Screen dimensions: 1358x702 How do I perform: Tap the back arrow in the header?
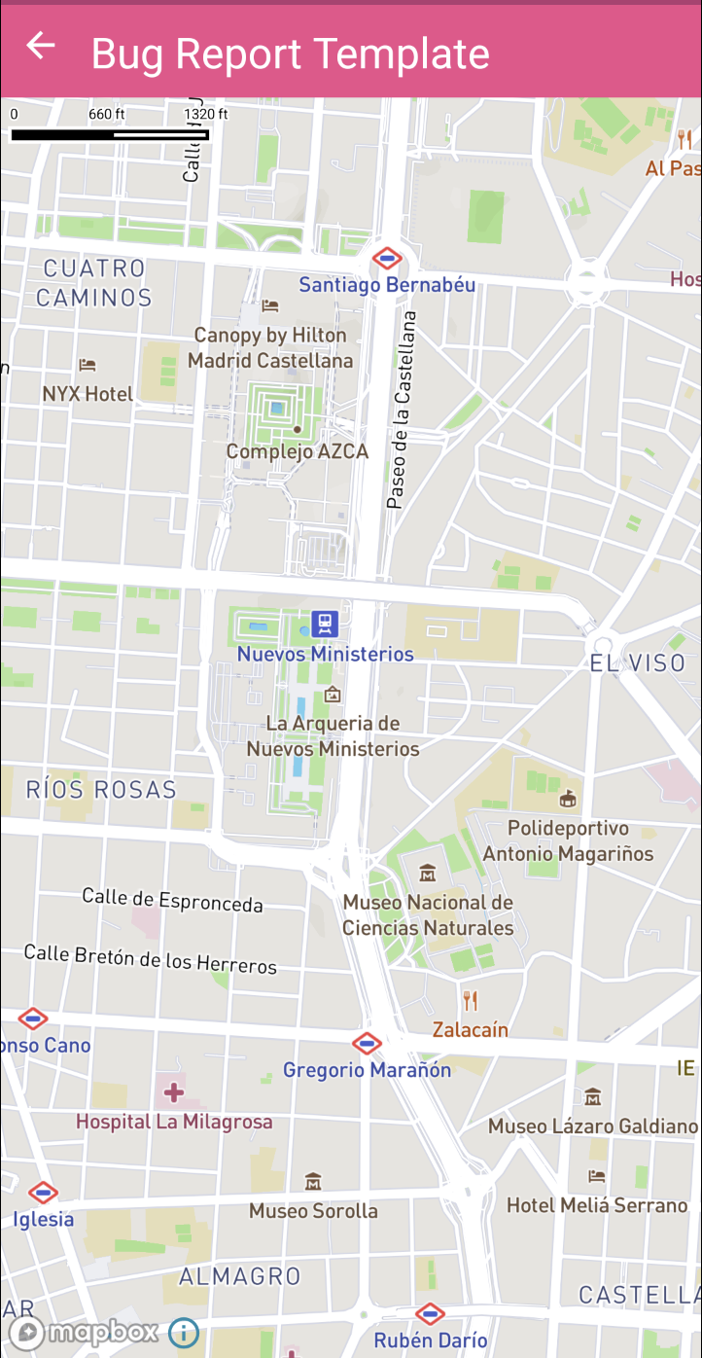tap(41, 46)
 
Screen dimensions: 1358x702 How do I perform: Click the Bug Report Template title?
tap(290, 54)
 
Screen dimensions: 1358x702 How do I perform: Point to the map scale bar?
tap(110, 134)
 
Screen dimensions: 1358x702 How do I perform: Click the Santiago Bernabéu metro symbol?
tap(387, 259)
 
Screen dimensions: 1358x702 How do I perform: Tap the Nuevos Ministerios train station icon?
tap(324, 623)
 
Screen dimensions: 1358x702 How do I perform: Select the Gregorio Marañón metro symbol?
tap(367, 1044)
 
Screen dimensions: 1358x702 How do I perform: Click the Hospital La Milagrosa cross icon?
tap(174, 1092)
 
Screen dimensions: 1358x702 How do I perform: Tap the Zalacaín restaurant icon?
tap(471, 1000)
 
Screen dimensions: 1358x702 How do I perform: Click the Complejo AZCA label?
tap(298, 451)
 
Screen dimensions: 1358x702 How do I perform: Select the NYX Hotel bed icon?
tap(88, 366)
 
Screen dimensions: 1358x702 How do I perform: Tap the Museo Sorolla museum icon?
tap(313, 1182)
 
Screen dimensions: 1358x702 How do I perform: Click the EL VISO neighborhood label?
tap(638, 663)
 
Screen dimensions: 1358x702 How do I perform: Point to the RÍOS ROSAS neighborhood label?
tap(101, 789)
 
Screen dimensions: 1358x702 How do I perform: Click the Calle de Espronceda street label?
tap(172, 900)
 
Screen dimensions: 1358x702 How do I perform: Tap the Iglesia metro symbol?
tap(43, 1192)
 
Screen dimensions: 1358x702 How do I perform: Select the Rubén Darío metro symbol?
tap(430, 1313)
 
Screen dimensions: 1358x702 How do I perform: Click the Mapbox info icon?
tap(184, 1332)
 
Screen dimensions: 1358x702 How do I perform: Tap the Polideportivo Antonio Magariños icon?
tap(569, 800)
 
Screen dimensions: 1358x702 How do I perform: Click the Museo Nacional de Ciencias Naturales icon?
tap(427, 873)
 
